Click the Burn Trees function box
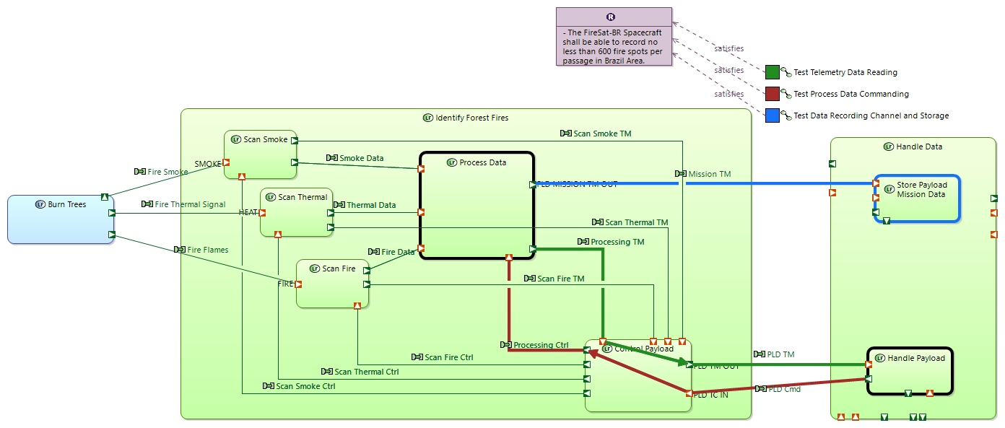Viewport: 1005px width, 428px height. tap(61, 219)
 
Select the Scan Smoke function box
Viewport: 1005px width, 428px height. tap(260, 154)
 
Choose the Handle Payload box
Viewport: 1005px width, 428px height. tap(910, 371)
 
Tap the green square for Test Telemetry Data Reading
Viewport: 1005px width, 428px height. tap(772, 72)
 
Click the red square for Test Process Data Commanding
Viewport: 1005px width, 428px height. tap(772, 94)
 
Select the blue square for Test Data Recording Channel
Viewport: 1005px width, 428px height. tap(772, 115)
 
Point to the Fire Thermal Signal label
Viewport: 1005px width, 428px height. tap(190, 204)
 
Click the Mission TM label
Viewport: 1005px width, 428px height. tap(709, 174)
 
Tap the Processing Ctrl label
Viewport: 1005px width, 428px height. tap(541, 345)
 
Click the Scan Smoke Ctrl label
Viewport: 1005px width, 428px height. tap(305, 386)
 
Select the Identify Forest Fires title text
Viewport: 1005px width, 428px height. tap(471, 118)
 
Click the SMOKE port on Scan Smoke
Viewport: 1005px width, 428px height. tap(226, 163)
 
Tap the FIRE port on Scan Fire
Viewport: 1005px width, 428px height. tap(298, 284)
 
